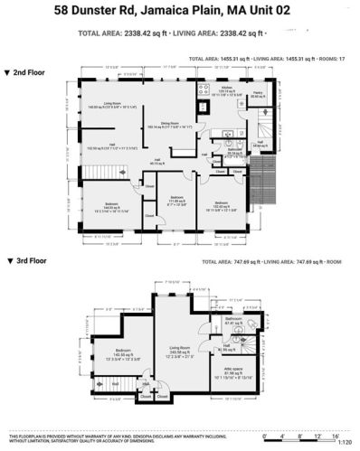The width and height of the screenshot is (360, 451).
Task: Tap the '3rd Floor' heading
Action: (32, 259)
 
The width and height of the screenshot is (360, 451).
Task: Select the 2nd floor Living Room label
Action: (117, 103)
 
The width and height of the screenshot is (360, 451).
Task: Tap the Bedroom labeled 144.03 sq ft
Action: (108, 205)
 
